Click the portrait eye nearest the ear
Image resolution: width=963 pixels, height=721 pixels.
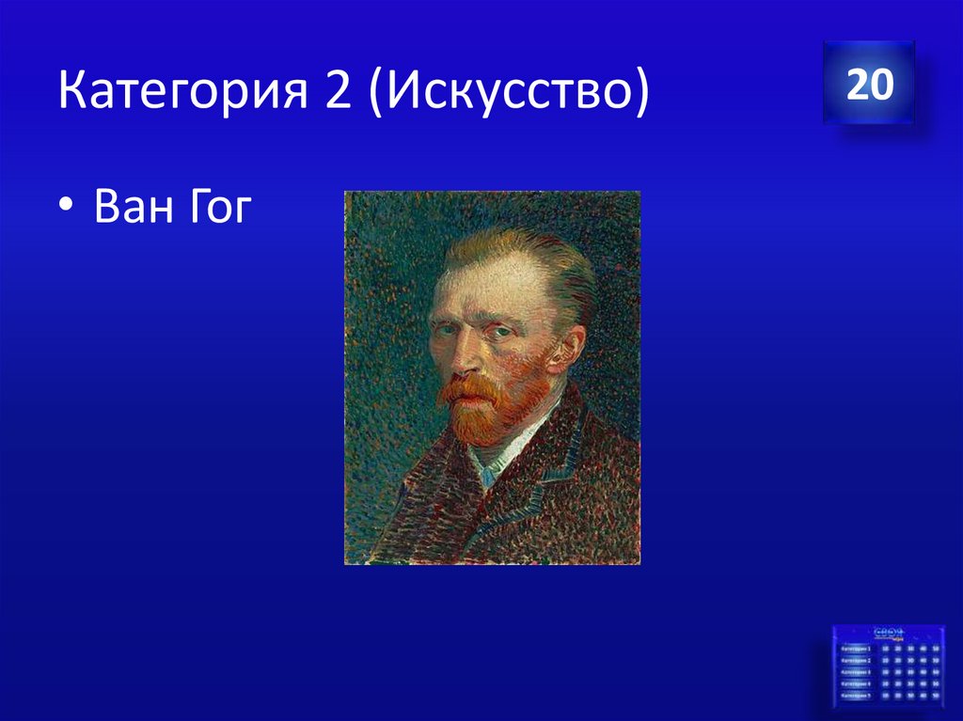(x=503, y=331)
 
